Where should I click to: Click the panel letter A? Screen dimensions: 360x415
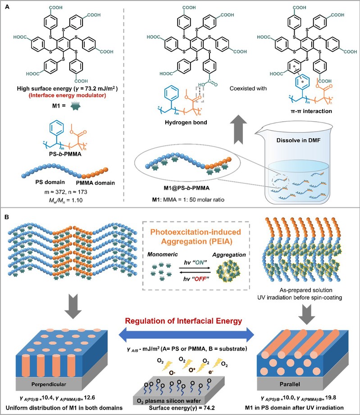point(7,7)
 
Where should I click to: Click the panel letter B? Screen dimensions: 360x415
point(7,217)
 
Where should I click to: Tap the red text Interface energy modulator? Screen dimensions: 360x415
point(67,96)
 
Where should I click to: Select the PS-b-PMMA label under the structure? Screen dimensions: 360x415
point(65,154)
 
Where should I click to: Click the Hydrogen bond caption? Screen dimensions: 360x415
point(186,123)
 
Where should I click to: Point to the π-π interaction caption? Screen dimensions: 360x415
point(311,111)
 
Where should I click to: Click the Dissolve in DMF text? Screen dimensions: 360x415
point(298,140)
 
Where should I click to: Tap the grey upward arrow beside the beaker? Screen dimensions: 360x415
point(238,129)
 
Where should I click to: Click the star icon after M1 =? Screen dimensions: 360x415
point(75,106)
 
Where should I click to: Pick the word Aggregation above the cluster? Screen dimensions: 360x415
point(229,255)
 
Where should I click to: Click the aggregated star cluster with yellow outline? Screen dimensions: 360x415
point(228,271)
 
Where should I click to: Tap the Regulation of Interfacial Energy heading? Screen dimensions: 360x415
point(183,321)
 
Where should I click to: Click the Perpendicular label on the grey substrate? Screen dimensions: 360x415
point(49,384)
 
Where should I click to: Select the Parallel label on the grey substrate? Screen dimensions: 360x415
point(290,384)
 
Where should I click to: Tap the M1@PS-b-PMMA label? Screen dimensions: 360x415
point(187,188)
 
